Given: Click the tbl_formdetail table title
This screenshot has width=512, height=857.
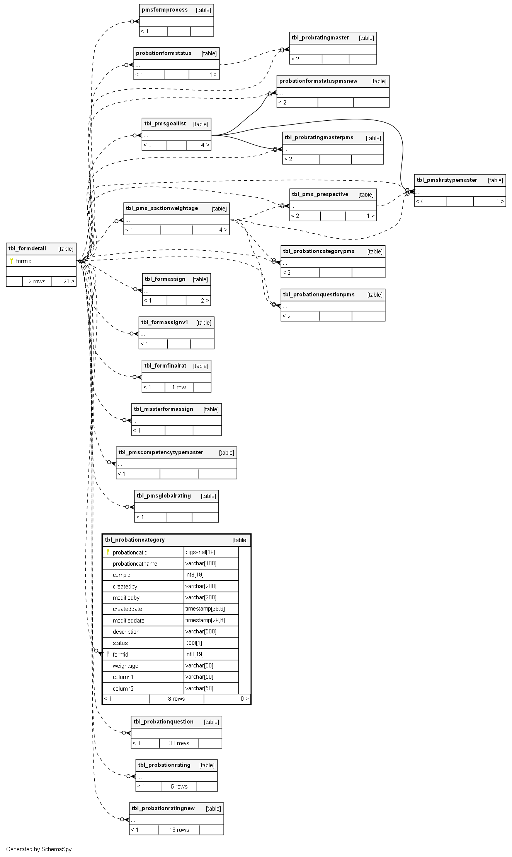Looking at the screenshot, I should coord(27,248).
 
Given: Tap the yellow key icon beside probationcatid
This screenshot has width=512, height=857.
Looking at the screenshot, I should coord(108,552).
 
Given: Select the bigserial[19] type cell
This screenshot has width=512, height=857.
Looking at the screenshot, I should coord(200,552).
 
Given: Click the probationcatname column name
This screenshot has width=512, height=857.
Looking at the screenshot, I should coord(135,564).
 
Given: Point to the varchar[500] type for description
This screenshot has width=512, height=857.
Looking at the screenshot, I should coord(201,631).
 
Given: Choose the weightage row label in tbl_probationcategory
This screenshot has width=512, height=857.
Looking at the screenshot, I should coord(125,666).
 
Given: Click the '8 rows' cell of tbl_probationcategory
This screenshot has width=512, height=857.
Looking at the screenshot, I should coord(176,699).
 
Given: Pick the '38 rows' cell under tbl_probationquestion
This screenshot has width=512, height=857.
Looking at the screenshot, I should coord(179,743).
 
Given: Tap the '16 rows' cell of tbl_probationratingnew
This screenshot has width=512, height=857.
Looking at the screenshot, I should coord(179,830).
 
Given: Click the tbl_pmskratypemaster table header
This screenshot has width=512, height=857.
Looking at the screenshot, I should coord(447,180).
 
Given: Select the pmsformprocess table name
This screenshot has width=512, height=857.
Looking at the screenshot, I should coord(165,10).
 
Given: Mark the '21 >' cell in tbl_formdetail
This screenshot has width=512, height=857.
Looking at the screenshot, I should coord(68,281).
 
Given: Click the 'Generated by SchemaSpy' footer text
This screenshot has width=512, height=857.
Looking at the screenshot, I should coord(39,849).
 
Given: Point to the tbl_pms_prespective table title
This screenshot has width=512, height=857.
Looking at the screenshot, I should coord(320,194).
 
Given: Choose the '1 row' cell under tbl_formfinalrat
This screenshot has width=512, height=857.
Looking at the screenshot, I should coord(179,387).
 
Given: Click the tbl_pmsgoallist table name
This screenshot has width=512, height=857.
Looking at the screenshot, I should coord(165,124).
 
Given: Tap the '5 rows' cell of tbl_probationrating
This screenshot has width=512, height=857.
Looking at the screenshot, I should coord(179,787).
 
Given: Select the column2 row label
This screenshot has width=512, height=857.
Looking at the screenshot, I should coord(123,689).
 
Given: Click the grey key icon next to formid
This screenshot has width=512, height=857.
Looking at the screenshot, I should coord(108,654).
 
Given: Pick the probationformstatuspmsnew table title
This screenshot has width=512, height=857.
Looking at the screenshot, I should coord(318,81).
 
